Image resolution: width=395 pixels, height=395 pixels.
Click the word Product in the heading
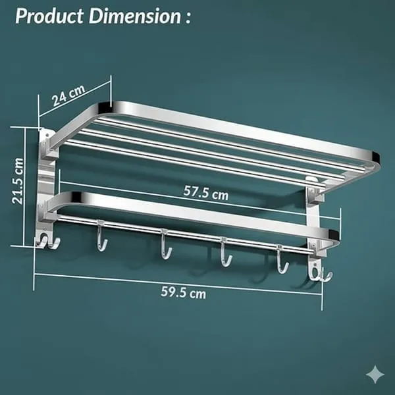pyautogui.click(x=49, y=16)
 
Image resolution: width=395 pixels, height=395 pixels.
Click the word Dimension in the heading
pyautogui.click(x=135, y=16)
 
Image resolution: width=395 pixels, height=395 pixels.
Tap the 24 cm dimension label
pyautogui.click(x=68, y=95)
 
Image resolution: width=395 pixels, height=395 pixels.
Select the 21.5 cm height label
pyautogui.click(x=18, y=181)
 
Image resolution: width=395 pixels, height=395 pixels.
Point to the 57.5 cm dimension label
pyautogui.click(x=206, y=193)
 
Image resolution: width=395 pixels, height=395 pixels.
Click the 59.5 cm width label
pyautogui.click(x=184, y=292)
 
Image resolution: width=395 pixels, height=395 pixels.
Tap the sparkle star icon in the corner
pyautogui.click(x=375, y=375)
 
